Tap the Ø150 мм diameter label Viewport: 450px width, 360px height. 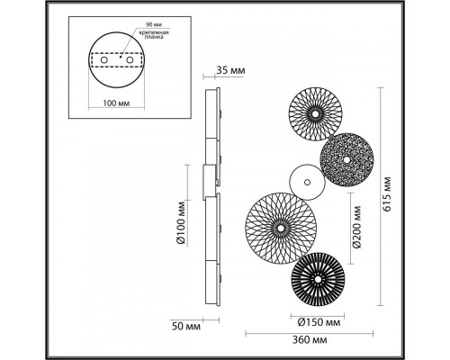pos(318,319)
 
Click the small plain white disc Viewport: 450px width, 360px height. pos(306,183)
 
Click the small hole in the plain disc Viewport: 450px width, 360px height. pos(306,183)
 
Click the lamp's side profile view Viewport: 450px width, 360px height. pos(212,198)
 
